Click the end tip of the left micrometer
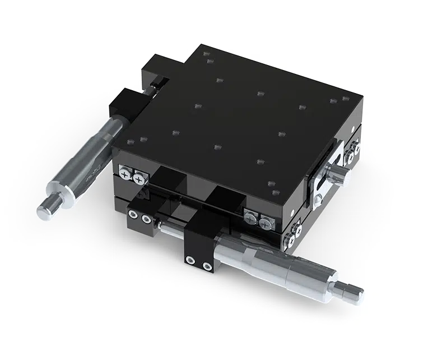[x=45, y=208]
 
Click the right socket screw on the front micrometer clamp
[x=207, y=264]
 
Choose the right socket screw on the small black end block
[x=147, y=218]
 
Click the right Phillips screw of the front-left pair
[x=136, y=179]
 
